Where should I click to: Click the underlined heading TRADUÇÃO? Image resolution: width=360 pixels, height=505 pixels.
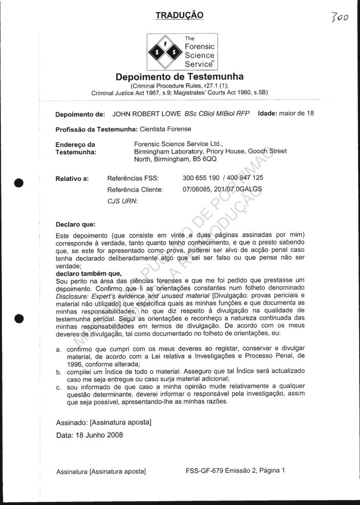[x=180, y=15]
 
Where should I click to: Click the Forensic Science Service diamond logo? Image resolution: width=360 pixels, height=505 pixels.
[x=165, y=51]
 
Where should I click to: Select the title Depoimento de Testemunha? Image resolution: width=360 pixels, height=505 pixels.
[x=180, y=77]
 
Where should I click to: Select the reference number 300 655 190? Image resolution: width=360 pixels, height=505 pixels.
[x=201, y=178]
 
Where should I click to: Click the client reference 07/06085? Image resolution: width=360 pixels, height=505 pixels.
[x=197, y=189]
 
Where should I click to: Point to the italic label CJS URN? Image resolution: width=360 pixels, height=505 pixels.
[x=122, y=201]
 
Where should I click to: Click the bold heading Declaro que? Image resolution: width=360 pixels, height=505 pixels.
[x=76, y=224]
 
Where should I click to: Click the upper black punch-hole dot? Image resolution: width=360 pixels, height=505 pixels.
[x=19, y=183]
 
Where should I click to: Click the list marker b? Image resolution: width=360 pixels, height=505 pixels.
[x=59, y=372]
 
